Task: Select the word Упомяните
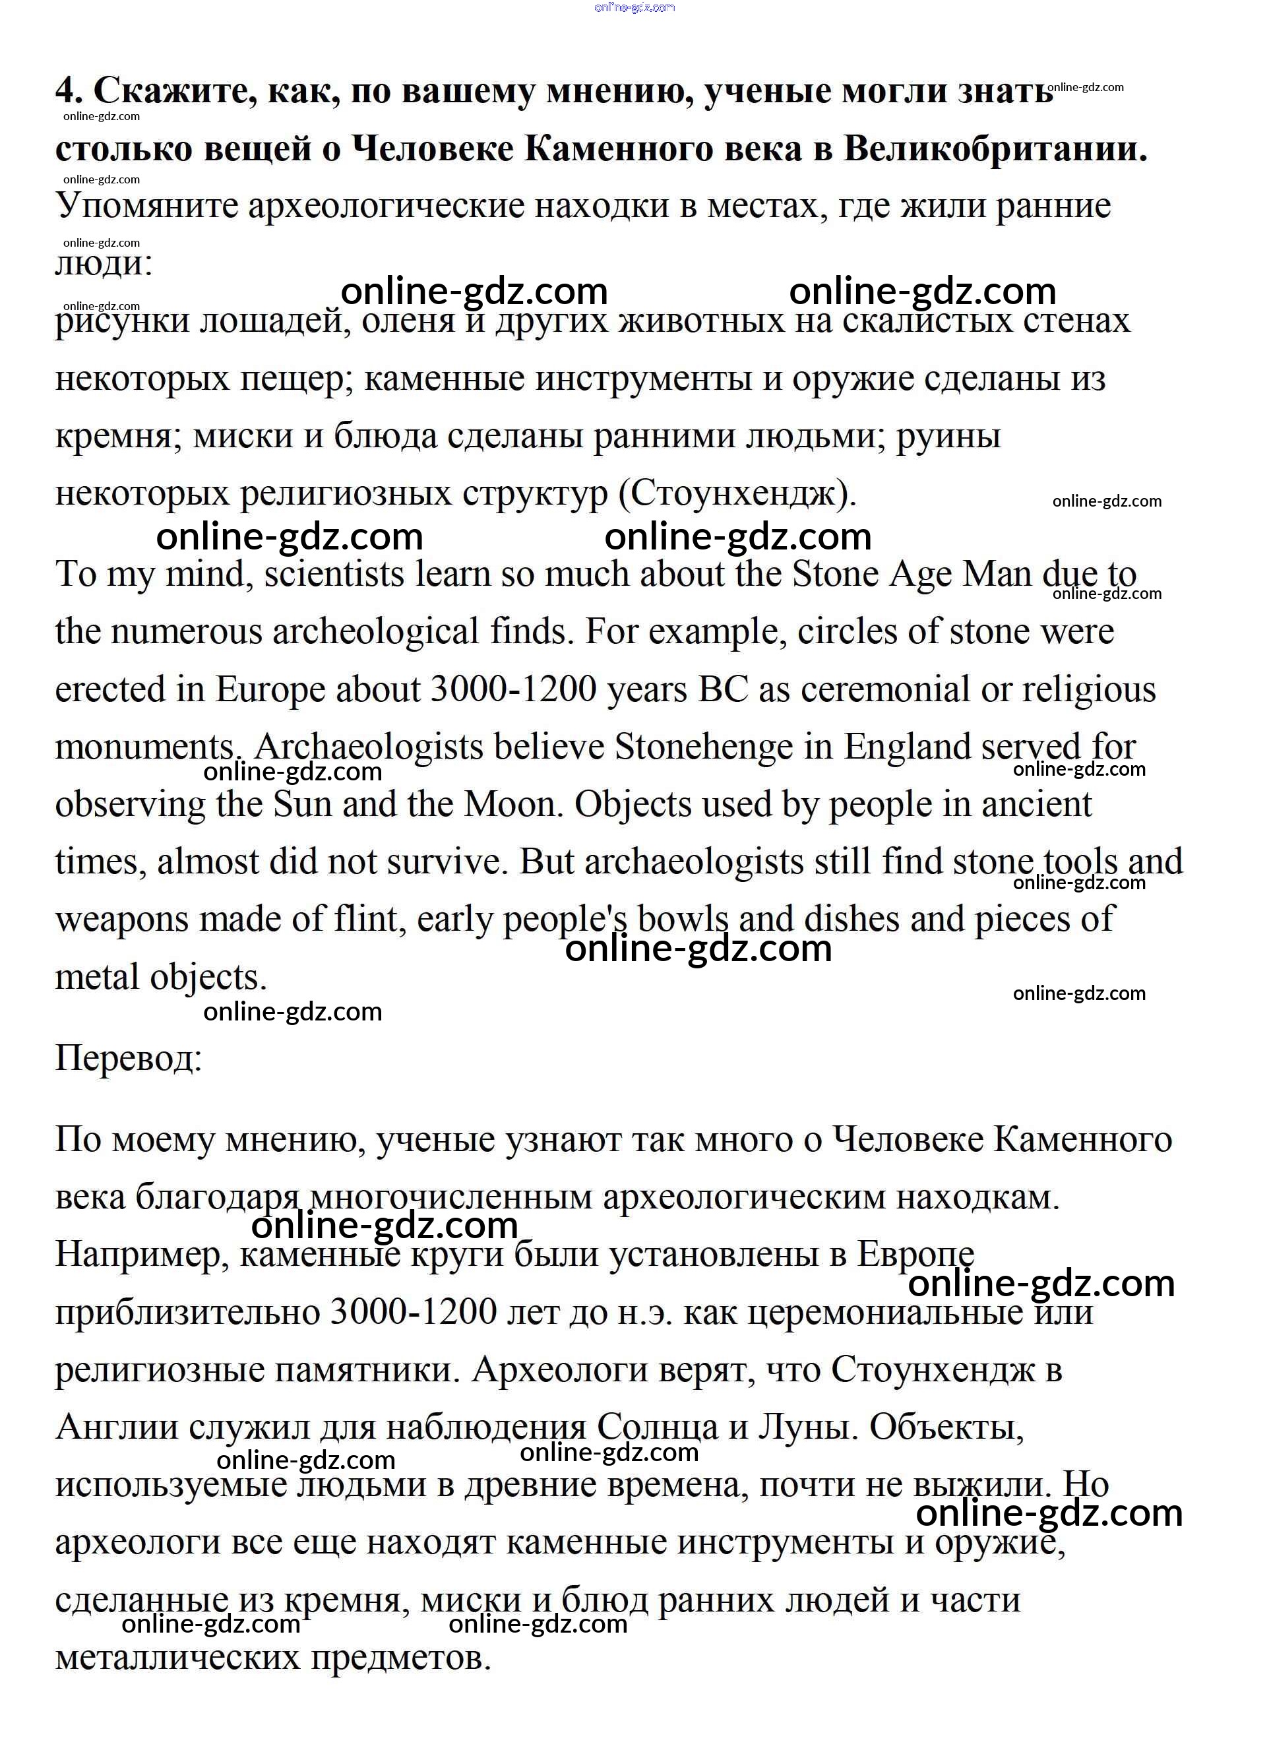click(x=147, y=206)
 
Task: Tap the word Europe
click(x=270, y=690)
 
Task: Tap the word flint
click(x=363, y=920)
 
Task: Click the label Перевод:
click(x=129, y=1058)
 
